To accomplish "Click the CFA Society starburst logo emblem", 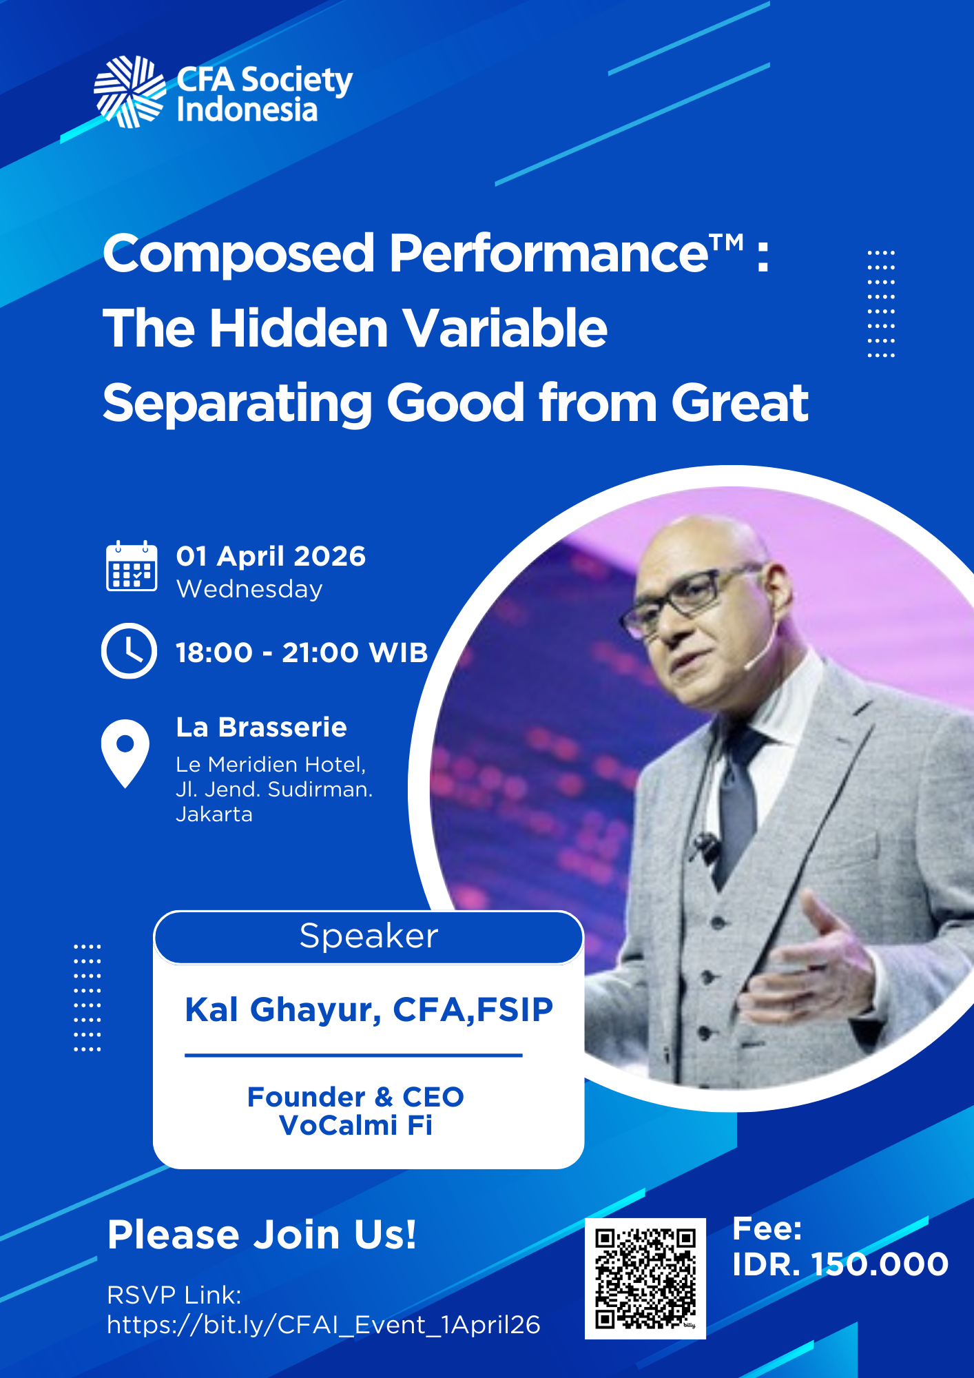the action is click(129, 92).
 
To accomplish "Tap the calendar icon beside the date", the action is click(132, 566).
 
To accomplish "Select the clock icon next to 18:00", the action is click(129, 651).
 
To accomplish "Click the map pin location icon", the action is click(125, 753).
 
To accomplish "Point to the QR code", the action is click(645, 1278).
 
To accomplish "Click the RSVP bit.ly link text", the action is click(324, 1325).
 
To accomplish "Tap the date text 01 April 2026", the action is click(271, 556).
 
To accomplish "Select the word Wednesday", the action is click(249, 589).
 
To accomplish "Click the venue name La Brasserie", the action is click(262, 727).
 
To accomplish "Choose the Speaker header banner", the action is click(369, 937).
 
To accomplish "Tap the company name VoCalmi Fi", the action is click(355, 1125).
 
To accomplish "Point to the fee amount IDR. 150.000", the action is click(840, 1264).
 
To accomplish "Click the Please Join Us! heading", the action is click(262, 1234).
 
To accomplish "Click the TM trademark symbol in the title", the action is click(727, 242).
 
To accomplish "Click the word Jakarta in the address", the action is click(214, 814).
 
